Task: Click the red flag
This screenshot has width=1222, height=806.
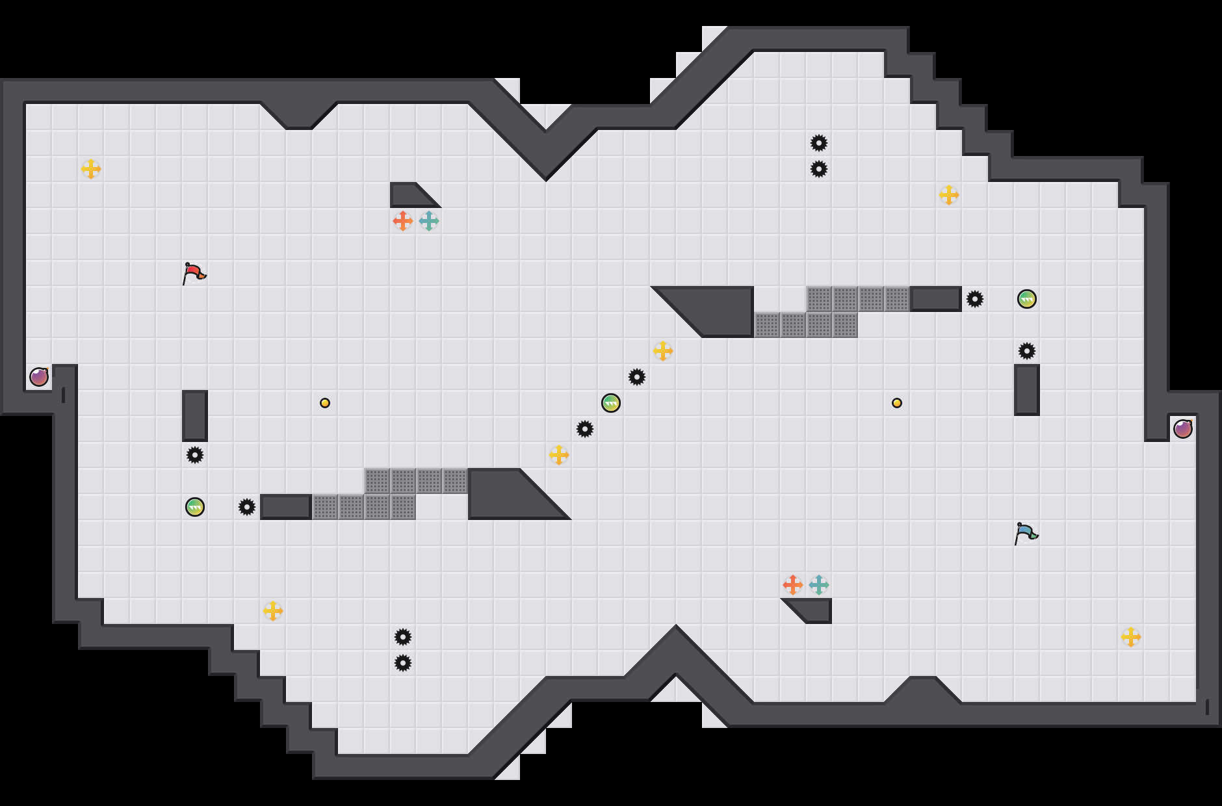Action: [194, 273]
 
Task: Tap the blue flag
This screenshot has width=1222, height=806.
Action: [1026, 533]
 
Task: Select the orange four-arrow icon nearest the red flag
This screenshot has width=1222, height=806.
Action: [403, 221]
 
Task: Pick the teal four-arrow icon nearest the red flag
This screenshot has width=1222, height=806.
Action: [429, 221]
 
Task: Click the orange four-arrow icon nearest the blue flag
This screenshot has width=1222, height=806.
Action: [793, 585]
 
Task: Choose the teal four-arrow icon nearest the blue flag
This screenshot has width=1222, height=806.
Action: [819, 585]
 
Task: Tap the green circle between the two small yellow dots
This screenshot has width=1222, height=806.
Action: [611, 403]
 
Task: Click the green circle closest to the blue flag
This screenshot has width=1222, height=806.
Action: [1027, 299]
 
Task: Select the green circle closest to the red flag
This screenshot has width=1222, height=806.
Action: [195, 507]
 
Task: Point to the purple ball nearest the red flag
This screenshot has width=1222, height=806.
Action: [39, 377]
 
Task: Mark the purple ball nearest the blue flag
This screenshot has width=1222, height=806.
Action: [1183, 429]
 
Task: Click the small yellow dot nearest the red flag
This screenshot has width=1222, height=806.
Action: [325, 403]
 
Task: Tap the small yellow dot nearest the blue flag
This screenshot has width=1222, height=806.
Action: [897, 403]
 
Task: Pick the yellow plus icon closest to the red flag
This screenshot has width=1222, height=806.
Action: [91, 169]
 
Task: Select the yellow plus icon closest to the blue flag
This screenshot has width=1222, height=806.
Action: [1131, 637]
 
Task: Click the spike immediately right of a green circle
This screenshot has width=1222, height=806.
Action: [247, 507]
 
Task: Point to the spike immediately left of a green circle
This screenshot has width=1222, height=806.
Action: [975, 299]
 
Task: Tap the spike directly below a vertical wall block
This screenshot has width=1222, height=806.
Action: [195, 455]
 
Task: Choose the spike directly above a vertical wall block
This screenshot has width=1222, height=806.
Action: [1027, 351]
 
